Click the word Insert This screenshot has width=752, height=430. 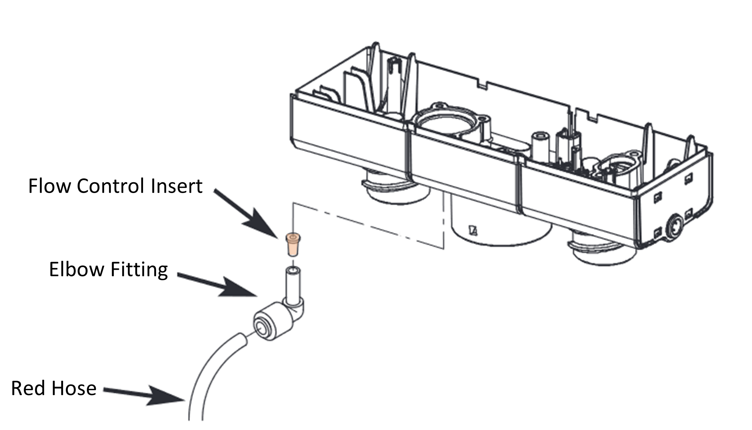tap(176, 186)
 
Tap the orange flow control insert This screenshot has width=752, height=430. tap(293, 245)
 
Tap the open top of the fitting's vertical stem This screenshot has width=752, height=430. tap(292, 272)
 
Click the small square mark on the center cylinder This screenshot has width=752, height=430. tap(473, 230)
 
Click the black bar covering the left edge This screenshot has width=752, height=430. tap(44, 215)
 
